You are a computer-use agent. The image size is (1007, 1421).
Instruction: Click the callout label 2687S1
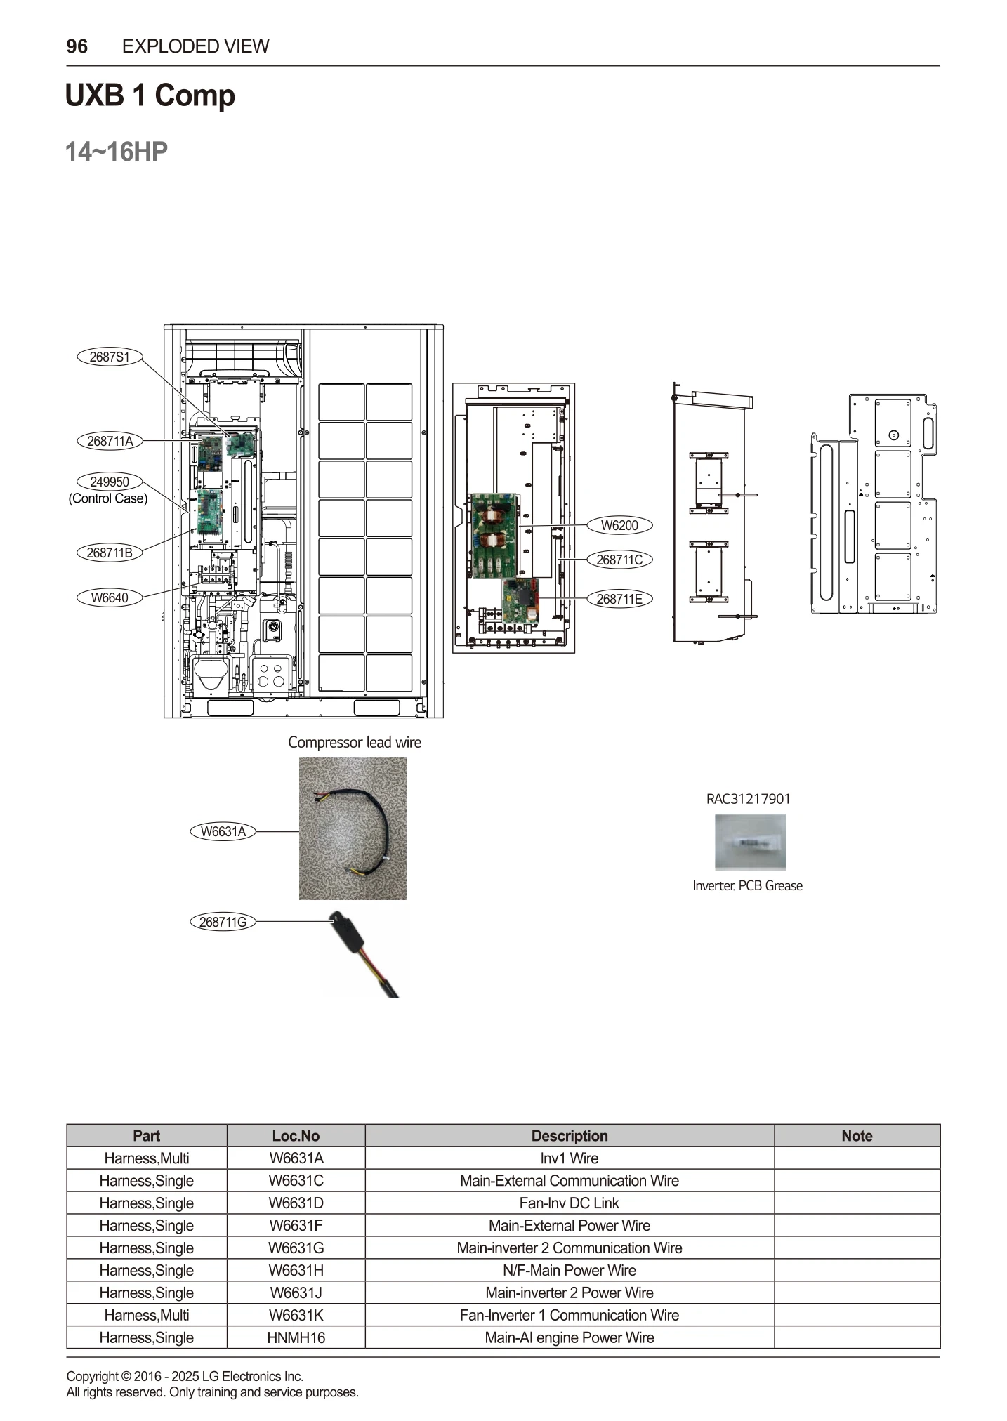tap(110, 357)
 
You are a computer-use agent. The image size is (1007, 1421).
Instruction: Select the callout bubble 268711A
tap(110, 441)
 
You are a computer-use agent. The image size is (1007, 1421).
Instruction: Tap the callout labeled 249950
tap(110, 482)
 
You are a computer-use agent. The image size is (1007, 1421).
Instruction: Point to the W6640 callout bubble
tap(110, 597)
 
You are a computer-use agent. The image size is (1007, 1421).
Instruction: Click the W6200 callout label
tap(619, 525)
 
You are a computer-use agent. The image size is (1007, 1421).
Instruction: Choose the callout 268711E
tap(619, 599)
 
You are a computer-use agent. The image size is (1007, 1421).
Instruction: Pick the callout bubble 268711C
tap(619, 560)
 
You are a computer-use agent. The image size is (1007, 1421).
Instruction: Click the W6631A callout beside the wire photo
tap(223, 832)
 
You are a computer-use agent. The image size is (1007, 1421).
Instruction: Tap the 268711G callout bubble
tap(223, 922)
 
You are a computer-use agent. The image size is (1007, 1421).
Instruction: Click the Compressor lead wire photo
tap(353, 828)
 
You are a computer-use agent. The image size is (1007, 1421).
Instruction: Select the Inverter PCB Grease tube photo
tap(750, 842)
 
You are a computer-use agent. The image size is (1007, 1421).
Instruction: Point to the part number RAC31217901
tap(748, 799)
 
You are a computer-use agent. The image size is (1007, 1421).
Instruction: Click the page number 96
tap(77, 46)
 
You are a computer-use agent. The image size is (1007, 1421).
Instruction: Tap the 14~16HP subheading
tap(117, 152)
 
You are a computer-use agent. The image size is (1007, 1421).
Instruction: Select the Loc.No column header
tap(296, 1136)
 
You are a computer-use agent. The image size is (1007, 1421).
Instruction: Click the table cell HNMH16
tap(296, 1337)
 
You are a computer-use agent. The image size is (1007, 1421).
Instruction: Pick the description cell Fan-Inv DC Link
tap(569, 1203)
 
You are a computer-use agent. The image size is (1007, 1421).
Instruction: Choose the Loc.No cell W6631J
tap(296, 1293)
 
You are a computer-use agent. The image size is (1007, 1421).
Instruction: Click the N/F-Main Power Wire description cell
tap(569, 1270)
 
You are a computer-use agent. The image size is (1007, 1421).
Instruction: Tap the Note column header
tap(857, 1136)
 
